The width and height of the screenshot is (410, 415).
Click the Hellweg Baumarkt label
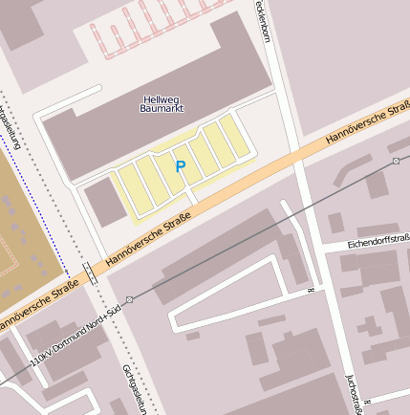tap(160, 104)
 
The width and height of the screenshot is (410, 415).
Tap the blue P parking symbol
tap(180, 167)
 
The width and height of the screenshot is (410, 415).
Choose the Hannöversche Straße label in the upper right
tap(368, 122)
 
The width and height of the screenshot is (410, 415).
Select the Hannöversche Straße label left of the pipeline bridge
tap(38, 306)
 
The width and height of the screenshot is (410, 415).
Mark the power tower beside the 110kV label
tap(129, 299)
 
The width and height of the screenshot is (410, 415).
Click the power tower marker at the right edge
tap(396, 162)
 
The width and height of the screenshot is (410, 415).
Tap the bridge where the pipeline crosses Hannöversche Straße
tap(91, 272)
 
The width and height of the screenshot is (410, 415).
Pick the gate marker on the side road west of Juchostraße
tap(311, 289)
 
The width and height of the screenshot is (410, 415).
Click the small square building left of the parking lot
tap(104, 202)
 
